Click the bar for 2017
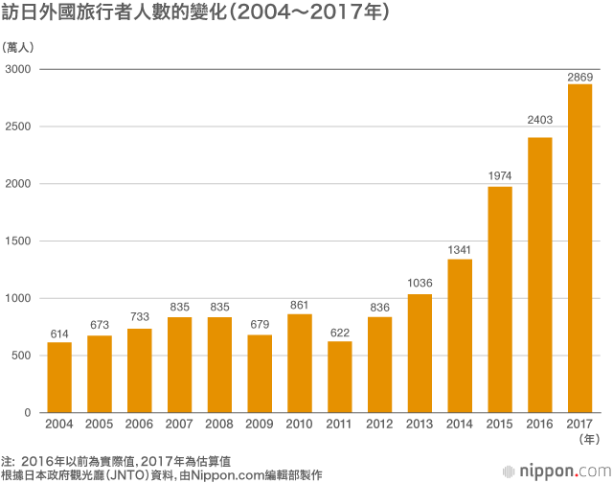(579, 248)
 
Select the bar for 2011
(340, 377)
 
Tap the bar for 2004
(59, 377)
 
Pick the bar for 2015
(500, 299)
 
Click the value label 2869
(579, 77)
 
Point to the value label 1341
(460, 251)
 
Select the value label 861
(300, 306)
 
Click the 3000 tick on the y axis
(18, 70)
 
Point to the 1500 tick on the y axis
(18, 241)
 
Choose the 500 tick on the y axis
(22, 356)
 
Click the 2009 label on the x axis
(260, 423)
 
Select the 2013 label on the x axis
(420, 423)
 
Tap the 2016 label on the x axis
(540, 423)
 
